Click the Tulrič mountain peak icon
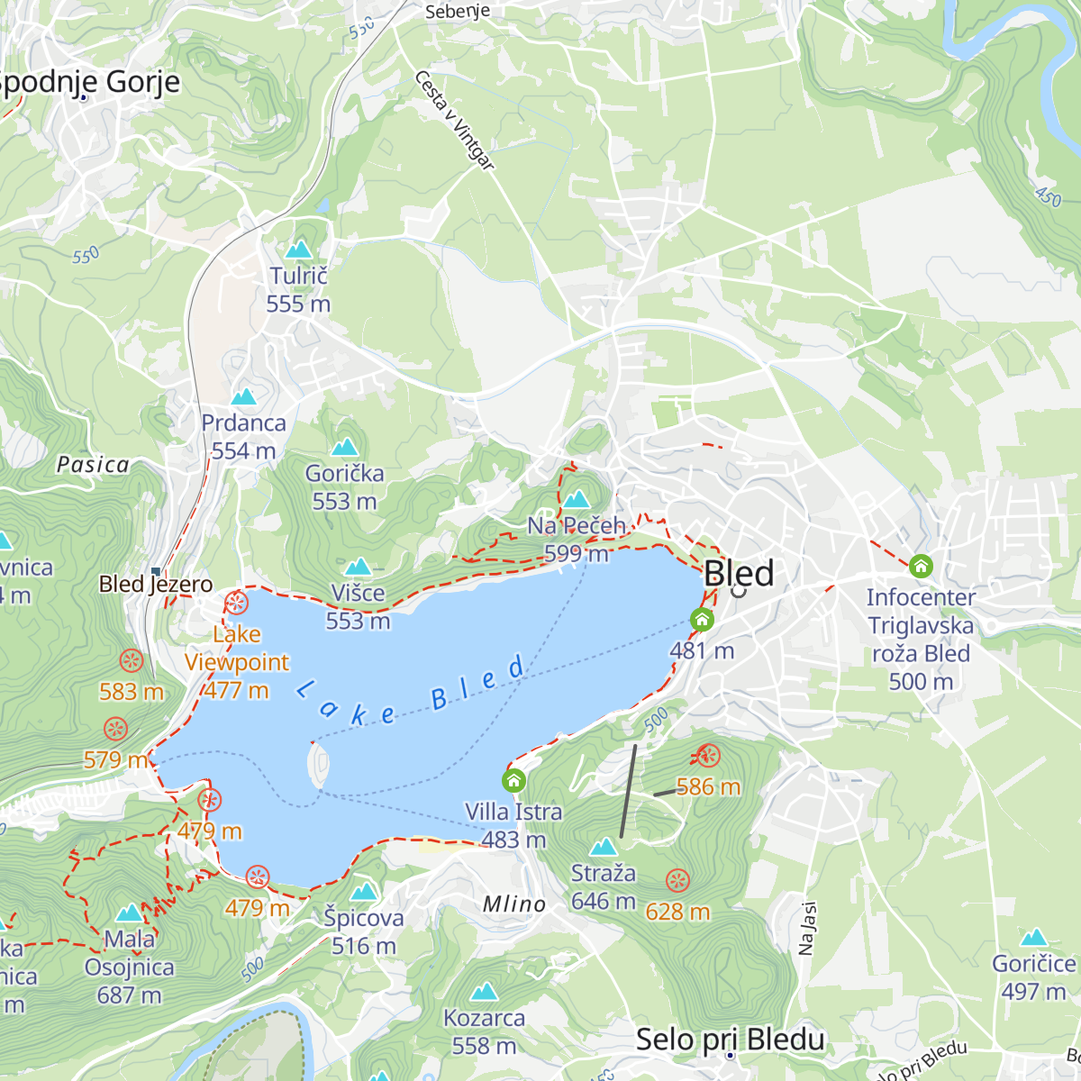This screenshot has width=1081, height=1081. [298, 249]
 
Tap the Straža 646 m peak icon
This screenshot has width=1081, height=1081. [603, 847]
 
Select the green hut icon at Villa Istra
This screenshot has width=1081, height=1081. [513, 780]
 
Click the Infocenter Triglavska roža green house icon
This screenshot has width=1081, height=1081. [920, 567]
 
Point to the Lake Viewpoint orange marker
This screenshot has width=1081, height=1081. [236, 603]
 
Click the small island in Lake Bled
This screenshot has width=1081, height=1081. [319, 765]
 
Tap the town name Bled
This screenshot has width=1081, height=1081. [738, 573]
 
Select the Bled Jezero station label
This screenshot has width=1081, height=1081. [156, 584]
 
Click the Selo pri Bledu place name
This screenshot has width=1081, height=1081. [730, 1039]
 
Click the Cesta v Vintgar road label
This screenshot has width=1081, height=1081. [455, 120]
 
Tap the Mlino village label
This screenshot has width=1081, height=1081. [513, 904]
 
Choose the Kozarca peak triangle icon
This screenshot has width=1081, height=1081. [485, 992]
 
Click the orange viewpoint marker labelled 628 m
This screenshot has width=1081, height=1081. [677, 880]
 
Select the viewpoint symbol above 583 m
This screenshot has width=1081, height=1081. [132, 661]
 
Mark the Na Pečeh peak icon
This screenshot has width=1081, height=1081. [577, 499]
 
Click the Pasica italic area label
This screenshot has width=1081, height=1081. [93, 465]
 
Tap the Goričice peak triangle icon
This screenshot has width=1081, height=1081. [1033, 937]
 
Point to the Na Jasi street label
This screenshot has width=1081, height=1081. [806, 928]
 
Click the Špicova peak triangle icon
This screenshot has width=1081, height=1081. [363, 892]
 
